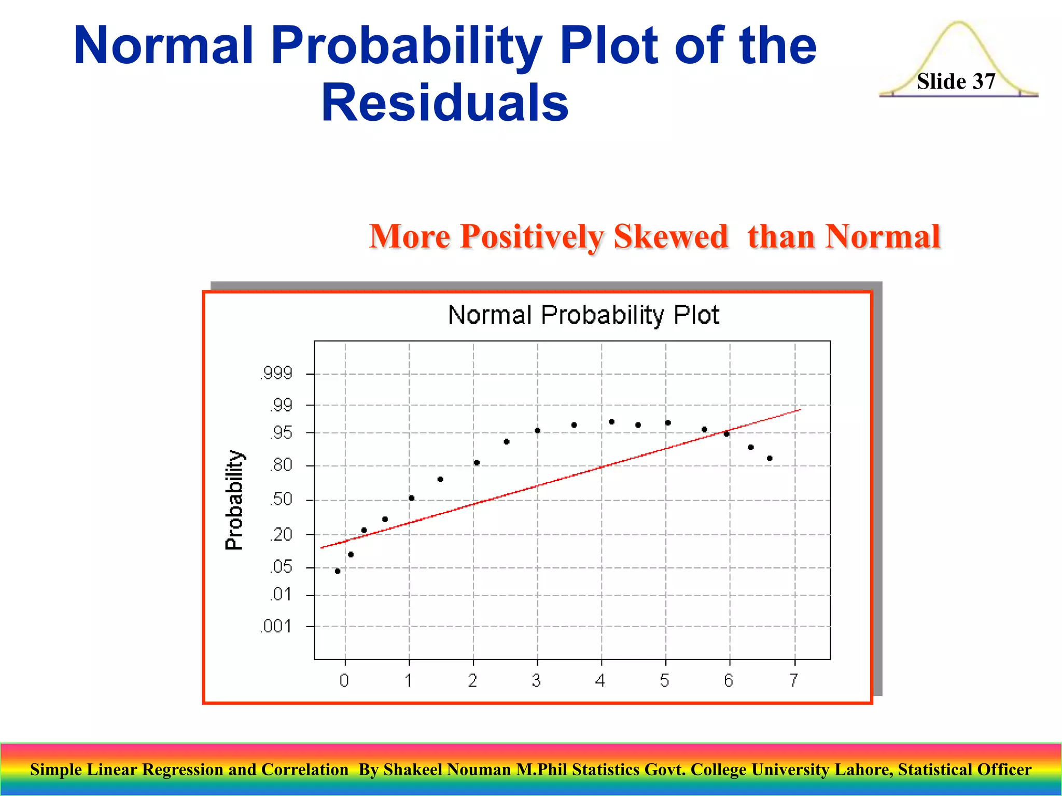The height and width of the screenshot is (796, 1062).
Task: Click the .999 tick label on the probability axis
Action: [277, 373]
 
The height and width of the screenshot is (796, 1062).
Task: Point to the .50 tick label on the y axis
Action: [282, 500]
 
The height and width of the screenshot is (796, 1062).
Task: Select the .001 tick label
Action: [276, 627]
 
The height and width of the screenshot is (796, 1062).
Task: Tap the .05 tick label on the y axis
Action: [282, 567]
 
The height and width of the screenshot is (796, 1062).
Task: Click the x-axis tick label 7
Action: [794, 680]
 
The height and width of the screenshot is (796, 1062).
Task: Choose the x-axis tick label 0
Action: [344, 680]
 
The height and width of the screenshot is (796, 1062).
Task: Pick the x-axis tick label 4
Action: [600, 680]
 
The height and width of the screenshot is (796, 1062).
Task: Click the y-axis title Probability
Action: [234, 500]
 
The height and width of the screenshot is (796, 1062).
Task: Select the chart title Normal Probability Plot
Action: [583, 315]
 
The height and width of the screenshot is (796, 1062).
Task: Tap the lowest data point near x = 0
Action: [338, 571]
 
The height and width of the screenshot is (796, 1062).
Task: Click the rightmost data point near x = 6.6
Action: [770, 458]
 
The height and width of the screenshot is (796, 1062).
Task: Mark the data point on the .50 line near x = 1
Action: [411, 498]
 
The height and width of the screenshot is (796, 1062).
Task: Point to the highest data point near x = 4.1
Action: [611, 422]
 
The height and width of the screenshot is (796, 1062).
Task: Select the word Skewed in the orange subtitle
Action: [670, 237]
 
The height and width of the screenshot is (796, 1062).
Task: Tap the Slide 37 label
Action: [956, 81]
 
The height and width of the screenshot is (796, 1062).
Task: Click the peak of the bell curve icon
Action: [959, 23]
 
